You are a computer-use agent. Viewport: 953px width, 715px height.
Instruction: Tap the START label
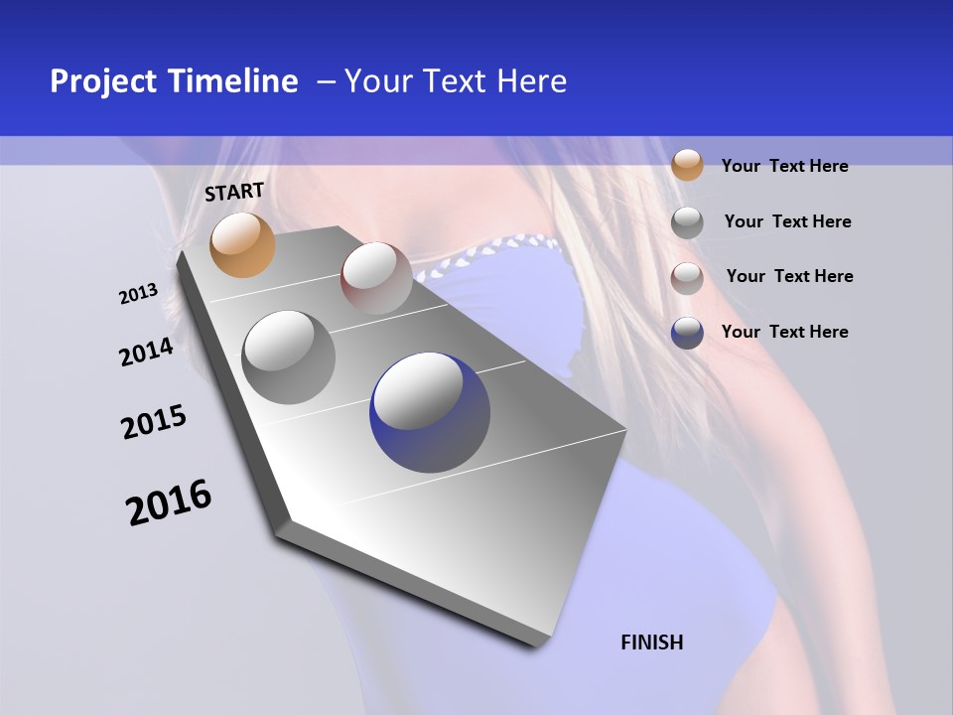pos(234,192)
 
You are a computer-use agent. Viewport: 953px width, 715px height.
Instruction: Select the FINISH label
pos(652,643)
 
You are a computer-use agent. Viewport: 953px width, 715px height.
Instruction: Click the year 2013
pos(138,294)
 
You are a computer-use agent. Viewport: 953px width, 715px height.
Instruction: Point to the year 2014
pos(146,352)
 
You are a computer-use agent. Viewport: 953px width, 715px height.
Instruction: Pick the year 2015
pos(153,422)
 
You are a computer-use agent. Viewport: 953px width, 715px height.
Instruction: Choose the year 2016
pos(169,502)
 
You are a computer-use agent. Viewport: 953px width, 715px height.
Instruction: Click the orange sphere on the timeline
pos(243,244)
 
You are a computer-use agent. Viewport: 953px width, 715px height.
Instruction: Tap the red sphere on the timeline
pos(376,278)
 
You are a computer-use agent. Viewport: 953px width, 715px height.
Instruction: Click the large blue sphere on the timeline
pos(430,412)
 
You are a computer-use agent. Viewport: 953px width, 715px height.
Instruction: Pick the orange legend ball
pos(687,165)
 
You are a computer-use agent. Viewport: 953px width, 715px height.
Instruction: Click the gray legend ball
pos(687,222)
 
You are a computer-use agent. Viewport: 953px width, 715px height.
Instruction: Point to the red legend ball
pos(687,278)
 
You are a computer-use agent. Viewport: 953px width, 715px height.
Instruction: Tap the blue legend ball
pos(687,333)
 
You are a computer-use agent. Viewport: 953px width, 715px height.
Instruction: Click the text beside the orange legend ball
pos(784,166)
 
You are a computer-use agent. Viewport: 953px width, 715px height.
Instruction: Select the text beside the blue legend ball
pos(784,332)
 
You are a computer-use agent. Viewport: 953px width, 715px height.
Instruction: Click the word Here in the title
pos(531,81)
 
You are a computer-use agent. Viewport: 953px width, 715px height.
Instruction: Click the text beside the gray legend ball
pos(787,221)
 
